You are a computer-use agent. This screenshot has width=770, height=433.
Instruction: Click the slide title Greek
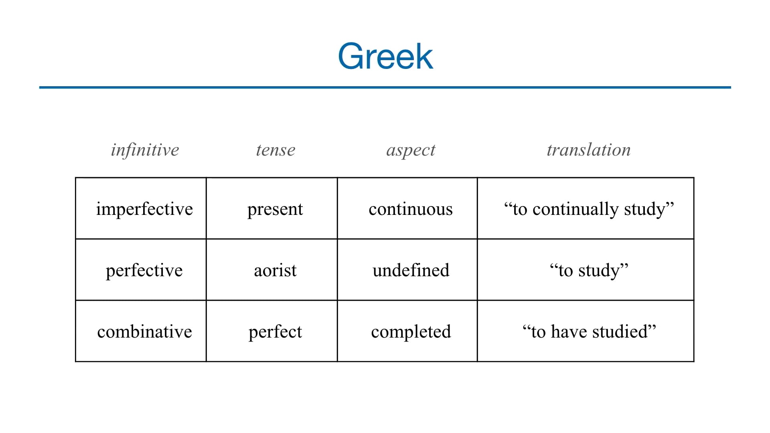(385, 56)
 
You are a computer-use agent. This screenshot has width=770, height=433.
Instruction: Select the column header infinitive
(145, 150)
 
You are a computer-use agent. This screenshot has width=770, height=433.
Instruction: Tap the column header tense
(276, 150)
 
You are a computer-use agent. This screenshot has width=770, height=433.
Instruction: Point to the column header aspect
(411, 150)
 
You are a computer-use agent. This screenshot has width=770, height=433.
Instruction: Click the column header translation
(589, 150)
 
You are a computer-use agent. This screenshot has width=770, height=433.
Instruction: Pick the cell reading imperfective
(144, 209)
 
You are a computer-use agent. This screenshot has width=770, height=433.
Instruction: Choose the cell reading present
(275, 209)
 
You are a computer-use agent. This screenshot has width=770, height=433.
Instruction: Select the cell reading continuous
(411, 209)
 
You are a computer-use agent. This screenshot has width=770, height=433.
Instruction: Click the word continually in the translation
(575, 209)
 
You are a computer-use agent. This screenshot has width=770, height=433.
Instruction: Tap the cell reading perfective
(144, 270)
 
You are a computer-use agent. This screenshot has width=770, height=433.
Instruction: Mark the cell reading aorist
(275, 270)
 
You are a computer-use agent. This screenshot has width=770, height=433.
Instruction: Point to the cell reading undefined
(411, 270)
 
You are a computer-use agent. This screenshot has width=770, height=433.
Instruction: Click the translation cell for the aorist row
(589, 270)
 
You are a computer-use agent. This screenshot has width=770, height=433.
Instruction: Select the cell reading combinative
(144, 332)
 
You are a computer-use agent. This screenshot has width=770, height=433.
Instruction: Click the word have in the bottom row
(569, 332)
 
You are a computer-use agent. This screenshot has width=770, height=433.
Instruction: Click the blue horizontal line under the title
(385, 87)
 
